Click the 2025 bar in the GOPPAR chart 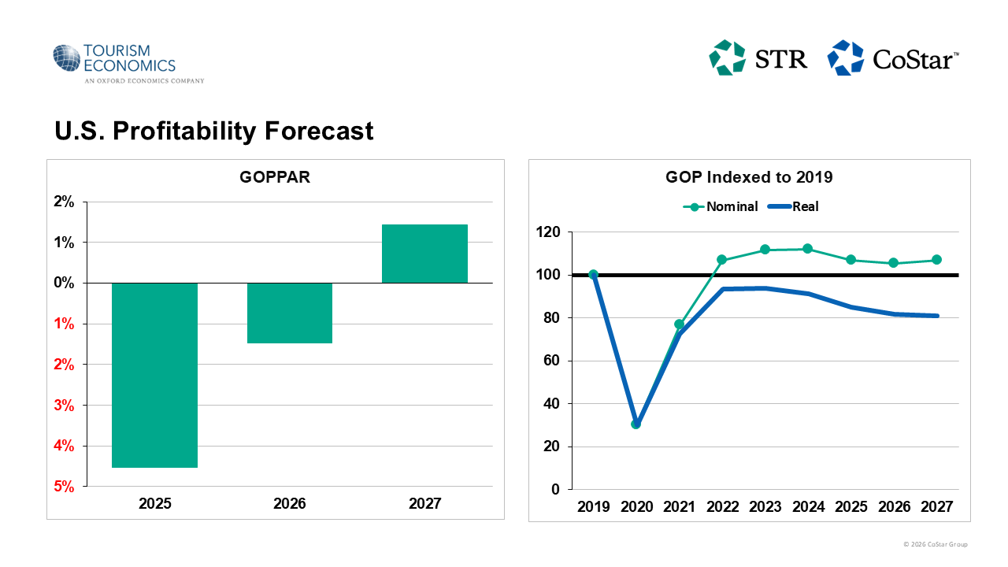coord(154,375)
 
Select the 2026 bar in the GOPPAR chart coord(290,313)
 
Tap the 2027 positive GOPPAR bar coord(424,254)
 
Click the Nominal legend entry coord(721,207)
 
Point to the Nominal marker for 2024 coord(807,249)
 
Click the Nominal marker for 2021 coord(679,324)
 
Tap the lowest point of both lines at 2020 coord(636,424)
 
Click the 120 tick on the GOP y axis coord(548,232)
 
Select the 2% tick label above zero coord(65,202)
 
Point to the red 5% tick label coord(65,487)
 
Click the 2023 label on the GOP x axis coord(765,506)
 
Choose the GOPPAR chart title coord(275,177)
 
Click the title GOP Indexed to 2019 coord(749,177)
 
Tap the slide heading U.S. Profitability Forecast coord(214,131)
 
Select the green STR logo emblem coord(727,58)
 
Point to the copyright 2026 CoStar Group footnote coord(936,545)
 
